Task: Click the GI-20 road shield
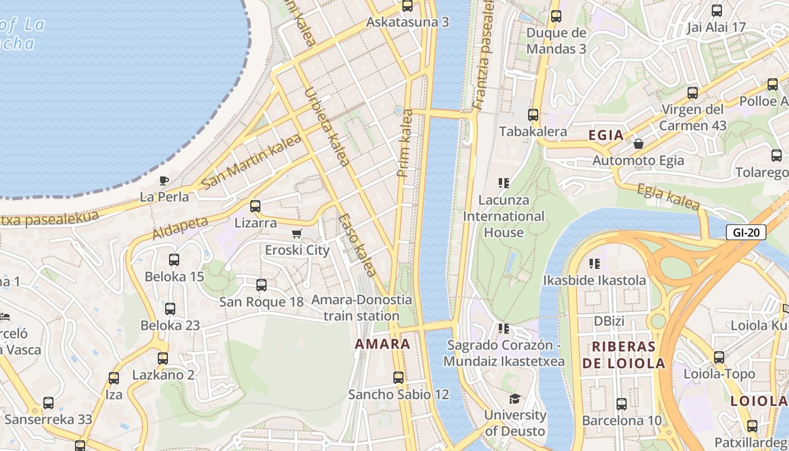click(x=746, y=232)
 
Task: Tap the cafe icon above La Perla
click(x=163, y=181)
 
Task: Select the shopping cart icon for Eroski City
click(x=297, y=233)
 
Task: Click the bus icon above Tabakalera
click(x=533, y=115)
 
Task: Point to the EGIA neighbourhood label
click(x=606, y=135)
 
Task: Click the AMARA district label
click(x=383, y=344)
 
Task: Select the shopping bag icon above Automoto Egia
click(x=639, y=144)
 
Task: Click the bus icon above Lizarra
click(x=255, y=206)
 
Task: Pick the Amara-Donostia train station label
click(x=361, y=308)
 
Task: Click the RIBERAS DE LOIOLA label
click(x=623, y=355)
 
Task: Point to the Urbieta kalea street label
click(x=326, y=126)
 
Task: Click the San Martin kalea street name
click(x=251, y=165)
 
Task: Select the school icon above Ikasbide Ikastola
click(x=594, y=264)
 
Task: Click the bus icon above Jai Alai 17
click(x=716, y=10)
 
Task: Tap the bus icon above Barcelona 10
click(x=622, y=404)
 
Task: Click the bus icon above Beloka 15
click(x=174, y=260)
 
